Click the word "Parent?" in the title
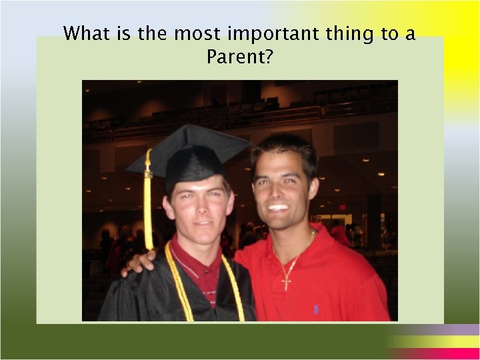[x=239, y=57]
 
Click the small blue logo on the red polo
[x=315, y=309]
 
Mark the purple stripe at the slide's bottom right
[x=433, y=330]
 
